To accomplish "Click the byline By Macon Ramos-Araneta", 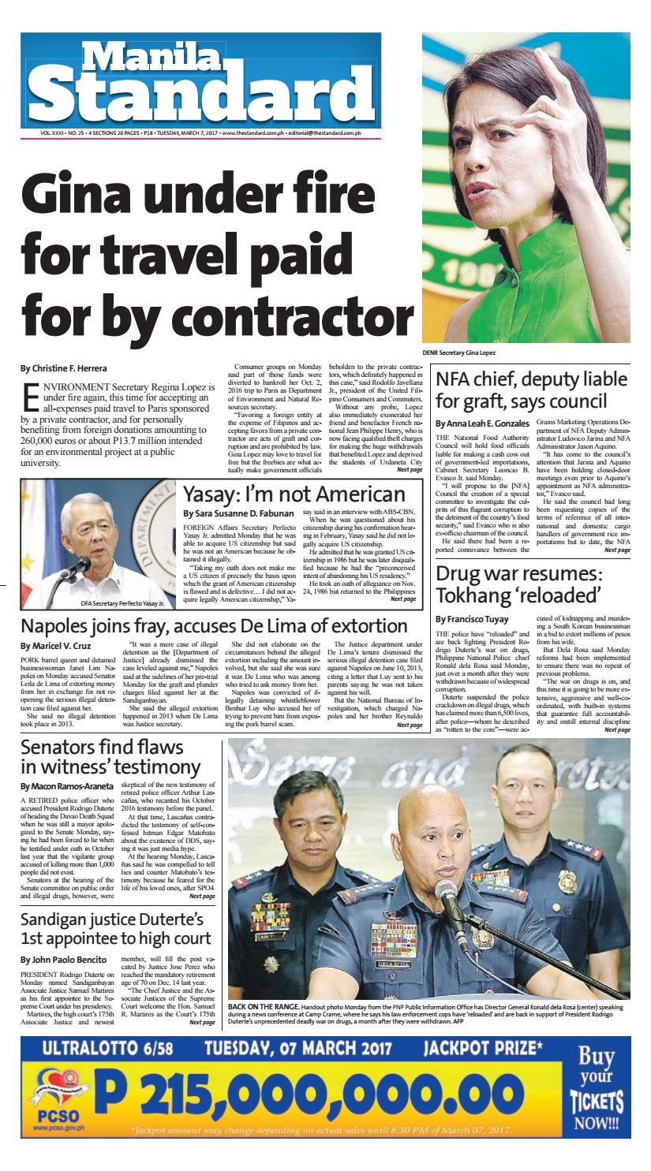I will click(x=68, y=787).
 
